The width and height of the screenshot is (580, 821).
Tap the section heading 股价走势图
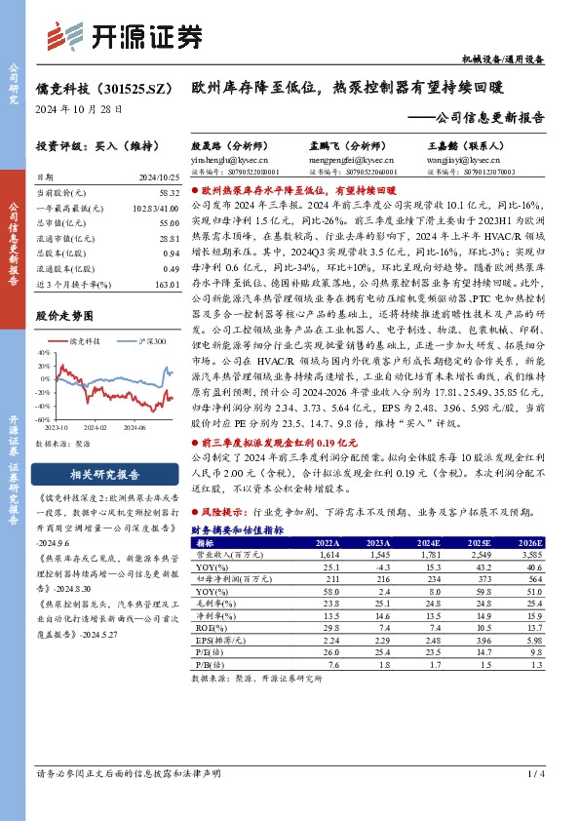coord(67,316)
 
